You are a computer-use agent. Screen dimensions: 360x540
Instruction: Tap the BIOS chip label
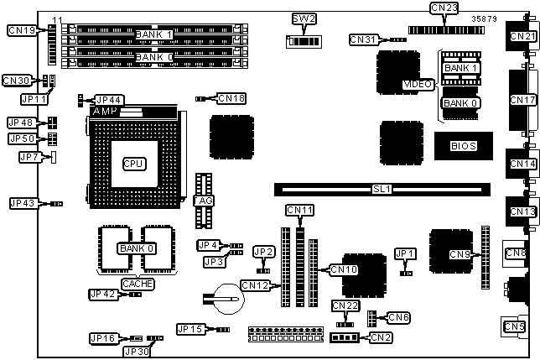coord(463,145)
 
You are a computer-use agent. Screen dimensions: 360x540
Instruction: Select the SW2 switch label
coord(301,18)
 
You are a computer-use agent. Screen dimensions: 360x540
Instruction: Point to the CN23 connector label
coord(444,8)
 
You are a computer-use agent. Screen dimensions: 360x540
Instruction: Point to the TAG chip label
coord(202,201)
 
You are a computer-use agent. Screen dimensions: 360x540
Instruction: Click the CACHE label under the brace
coord(138,284)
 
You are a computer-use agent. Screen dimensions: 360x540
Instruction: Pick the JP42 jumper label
coord(104,294)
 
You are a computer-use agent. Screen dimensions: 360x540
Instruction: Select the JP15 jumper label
coord(191,328)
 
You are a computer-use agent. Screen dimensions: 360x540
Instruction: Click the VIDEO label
coord(417,84)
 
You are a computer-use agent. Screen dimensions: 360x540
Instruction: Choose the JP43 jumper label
coord(23,203)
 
